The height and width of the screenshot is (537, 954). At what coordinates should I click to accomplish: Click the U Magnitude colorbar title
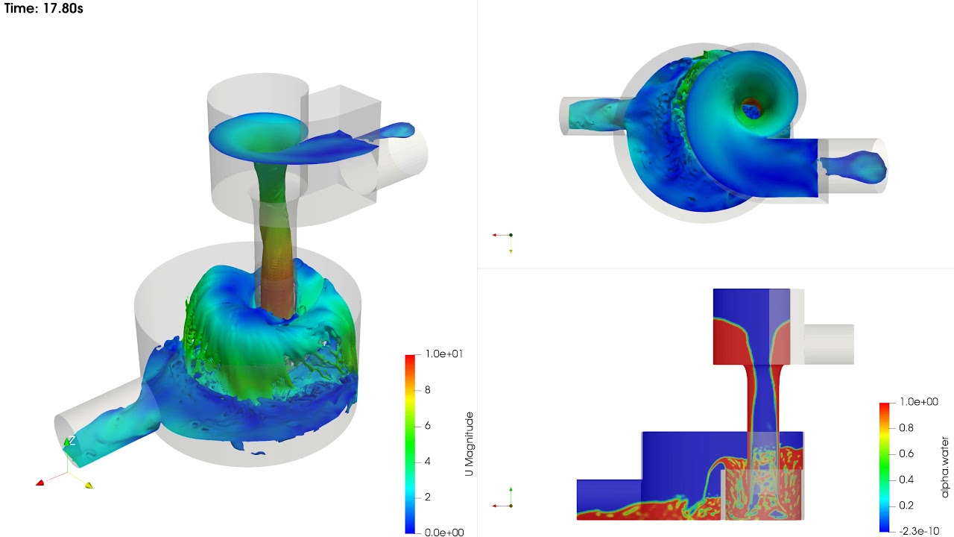point(469,444)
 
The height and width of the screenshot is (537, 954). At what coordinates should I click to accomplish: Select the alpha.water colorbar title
point(944,467)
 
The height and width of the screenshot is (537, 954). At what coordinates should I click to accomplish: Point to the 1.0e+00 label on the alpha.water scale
point(918,402)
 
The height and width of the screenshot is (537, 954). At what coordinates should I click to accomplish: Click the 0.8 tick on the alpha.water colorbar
point(906,428)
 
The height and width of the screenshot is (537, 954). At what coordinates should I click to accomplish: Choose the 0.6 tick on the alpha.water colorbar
point(906,453)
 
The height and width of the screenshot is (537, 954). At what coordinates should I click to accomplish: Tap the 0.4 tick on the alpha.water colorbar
point(906,480)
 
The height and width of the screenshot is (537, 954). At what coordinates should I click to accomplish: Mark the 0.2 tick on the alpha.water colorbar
point(906,505)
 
